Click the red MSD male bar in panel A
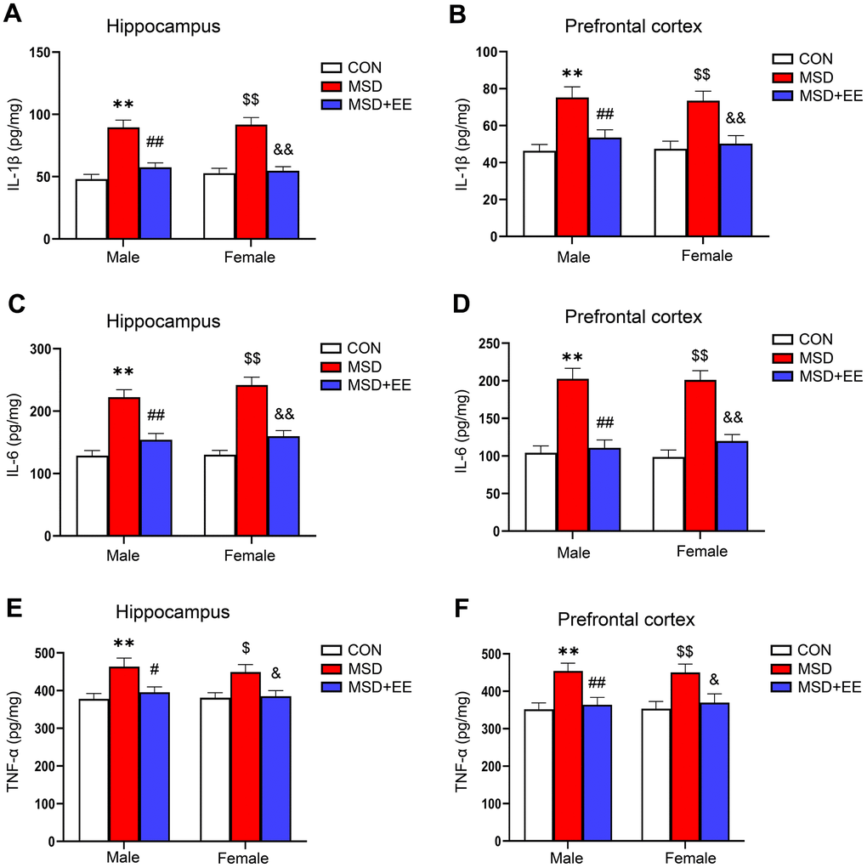123,183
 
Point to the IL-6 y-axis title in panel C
16,443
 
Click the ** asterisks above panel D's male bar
571,357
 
